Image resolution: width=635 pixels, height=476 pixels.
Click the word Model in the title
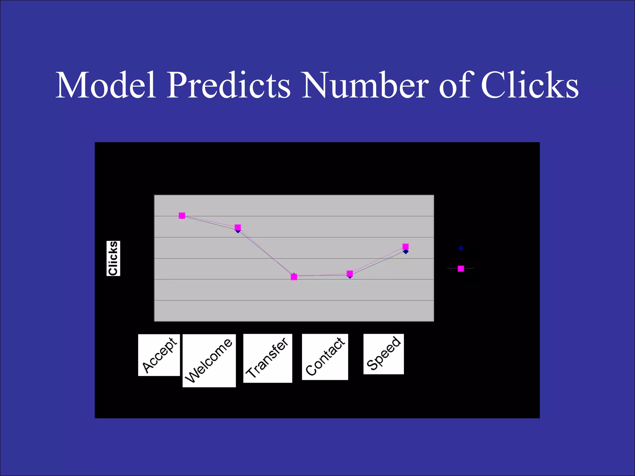point(106,85)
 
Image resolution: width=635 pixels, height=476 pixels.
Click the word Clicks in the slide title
point(530,85)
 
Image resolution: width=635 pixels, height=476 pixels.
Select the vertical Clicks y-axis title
point(113,258)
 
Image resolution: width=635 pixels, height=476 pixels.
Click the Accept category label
point(159,355)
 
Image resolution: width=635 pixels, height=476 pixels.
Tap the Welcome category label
point(209,360)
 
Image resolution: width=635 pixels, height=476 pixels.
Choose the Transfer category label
point(268,358)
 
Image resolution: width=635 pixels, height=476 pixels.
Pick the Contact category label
point(325,357)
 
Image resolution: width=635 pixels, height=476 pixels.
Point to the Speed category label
point(384,354)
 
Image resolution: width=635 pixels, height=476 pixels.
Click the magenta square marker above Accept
point(182,215)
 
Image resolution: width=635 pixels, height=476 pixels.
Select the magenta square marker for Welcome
point(238,227)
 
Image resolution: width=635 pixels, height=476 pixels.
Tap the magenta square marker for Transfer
point(294,277)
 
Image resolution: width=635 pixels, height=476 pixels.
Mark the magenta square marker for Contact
point(350,273)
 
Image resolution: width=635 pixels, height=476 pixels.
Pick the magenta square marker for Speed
point(406,246)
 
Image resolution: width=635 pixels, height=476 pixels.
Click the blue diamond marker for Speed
point(406,252)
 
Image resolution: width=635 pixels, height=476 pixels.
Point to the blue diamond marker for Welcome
point(238,231)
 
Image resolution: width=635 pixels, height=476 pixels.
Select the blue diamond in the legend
point(461,248)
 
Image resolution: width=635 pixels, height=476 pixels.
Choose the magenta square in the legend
point(461,268)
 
